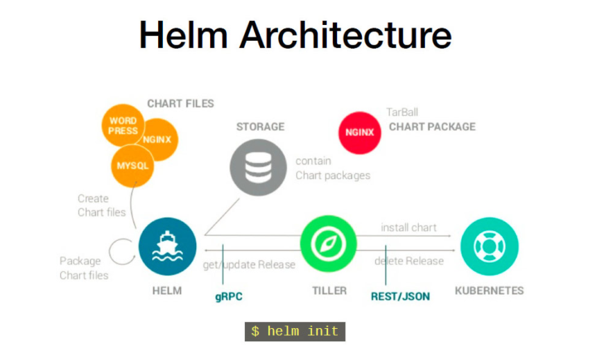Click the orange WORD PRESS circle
(123, 125)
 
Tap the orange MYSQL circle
(132, 166)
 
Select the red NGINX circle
(360, 132)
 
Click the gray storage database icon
(258, 167)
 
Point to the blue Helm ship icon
(167, 246)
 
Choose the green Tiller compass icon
(329, 243)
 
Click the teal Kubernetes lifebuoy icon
(490, 246)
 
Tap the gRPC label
(229, 297)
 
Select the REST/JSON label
(400, 297)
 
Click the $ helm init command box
(295, 332)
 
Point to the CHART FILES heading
(180, 103)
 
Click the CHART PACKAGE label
(433, 127)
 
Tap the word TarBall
(402, 112)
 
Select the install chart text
(409, 228)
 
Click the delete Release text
(409, 261)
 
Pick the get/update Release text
(249, 265)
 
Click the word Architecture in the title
(345, 35)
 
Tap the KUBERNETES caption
(490, 291)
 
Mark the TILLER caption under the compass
(329, 291)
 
